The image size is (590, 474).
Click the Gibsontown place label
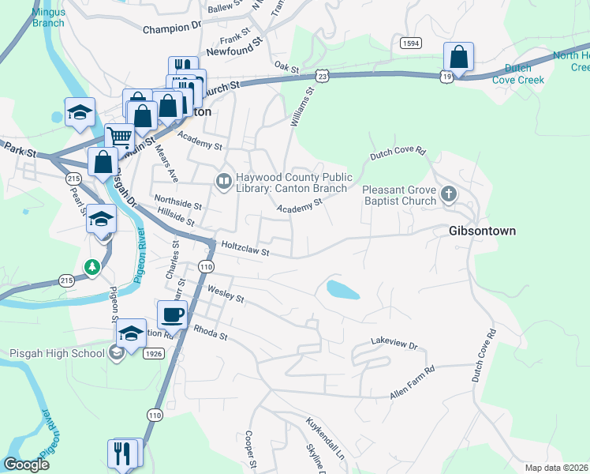tap(482, 231)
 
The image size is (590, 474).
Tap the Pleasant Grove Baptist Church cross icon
tap(449, 194)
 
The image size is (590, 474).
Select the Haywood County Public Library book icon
tap(224, 182)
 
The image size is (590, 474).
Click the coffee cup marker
tap(172, 314)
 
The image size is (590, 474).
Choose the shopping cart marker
tap(119, 137)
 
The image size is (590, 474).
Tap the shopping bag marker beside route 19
tap(457, 57)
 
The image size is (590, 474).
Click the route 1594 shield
tap(409, 43)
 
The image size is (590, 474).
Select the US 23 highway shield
tap(320, 75)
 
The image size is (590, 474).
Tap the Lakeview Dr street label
tap(394, 345)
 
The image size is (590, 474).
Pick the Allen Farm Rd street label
tap(413, 383)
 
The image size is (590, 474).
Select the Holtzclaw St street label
tap(245, 249)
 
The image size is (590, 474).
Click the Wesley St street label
tap(226, 295)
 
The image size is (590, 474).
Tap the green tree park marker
tap(93, 268)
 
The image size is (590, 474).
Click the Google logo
tap(26, 465)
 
